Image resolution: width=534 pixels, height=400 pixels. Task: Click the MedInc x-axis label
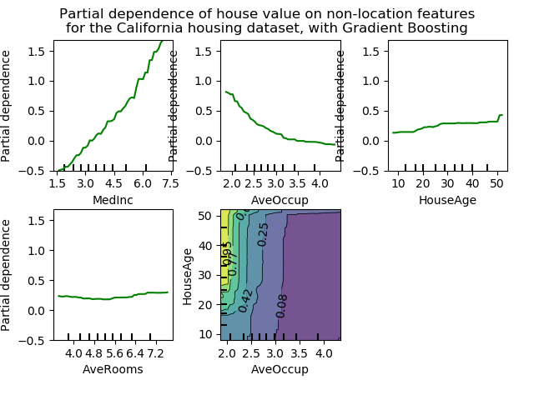(114, 200)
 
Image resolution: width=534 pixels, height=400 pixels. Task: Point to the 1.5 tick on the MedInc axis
(58, 183)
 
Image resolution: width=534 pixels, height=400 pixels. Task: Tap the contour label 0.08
(282, 305)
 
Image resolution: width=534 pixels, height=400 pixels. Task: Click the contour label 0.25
(264, 234)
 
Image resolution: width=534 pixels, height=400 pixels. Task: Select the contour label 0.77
(234, 263)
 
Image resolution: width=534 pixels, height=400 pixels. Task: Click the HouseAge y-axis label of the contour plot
(189, 275)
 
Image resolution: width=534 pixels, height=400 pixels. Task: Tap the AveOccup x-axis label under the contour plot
(280, 369)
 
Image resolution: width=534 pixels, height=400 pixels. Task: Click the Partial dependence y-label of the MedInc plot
(7, 105)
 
